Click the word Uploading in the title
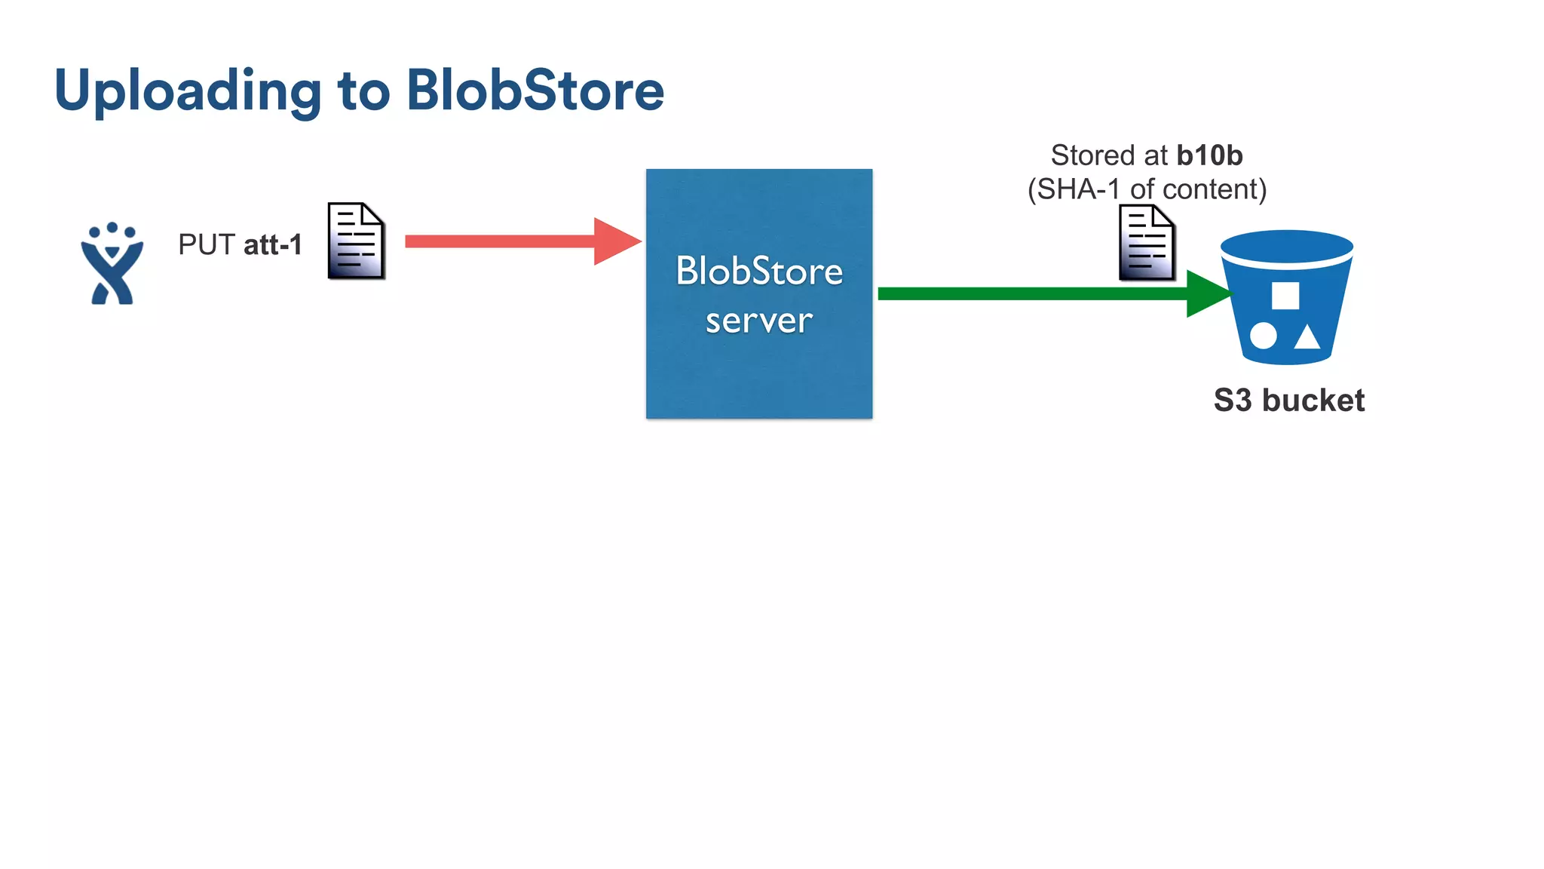click(187, 91)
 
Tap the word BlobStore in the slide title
click(535, 91)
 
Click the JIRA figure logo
click(112, 264)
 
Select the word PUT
click(207, 244)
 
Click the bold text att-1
click(272, 244)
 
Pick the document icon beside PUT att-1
click(356, 241)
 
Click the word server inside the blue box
click(758, 321)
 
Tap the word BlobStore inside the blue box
click(758, 271)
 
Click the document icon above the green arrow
click(1146, 243)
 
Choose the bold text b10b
click(1209, 155)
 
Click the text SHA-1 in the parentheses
click(1078, 189)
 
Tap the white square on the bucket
click(1285, 296)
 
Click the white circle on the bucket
click(1263, 336)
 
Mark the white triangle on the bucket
click(1307, 338)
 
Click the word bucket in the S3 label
click(1313, 400)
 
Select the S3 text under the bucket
click(1233, 400)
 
